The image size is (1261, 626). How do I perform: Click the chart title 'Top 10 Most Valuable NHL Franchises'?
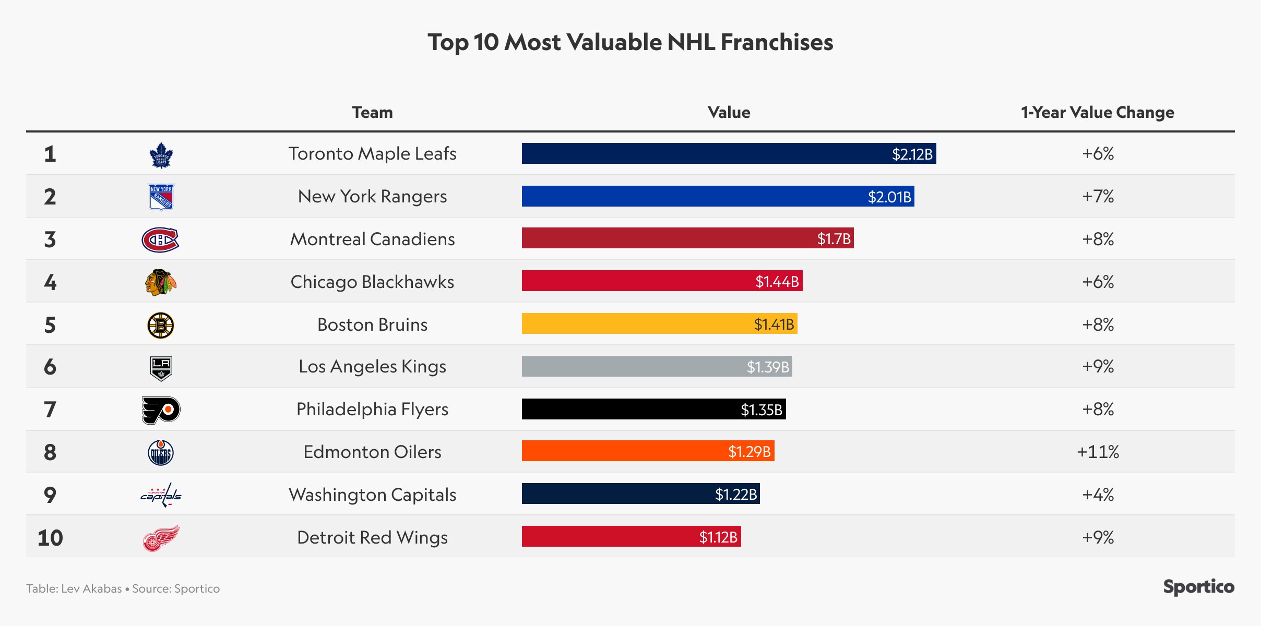630,42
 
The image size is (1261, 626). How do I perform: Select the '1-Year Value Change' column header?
1097,112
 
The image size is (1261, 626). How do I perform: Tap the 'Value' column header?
729,112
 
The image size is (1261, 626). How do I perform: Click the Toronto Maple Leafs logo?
161,155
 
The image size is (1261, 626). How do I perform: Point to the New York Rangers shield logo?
161,197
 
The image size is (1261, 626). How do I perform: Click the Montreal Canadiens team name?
372,239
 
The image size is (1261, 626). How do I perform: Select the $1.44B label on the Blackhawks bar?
777,282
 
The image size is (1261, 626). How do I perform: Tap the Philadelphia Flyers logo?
161,410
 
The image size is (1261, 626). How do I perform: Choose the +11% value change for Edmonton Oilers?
1098,452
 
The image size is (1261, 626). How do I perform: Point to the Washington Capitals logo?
161,495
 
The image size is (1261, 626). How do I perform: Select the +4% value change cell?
1098,495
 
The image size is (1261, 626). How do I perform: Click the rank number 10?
50,538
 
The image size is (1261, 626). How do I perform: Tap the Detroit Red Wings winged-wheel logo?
161,538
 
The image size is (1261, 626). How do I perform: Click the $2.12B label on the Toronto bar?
912,154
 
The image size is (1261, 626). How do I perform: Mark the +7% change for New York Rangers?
1098,197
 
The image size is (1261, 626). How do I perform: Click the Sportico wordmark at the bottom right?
1198,587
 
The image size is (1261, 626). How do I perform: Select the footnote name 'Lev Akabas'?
91,588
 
